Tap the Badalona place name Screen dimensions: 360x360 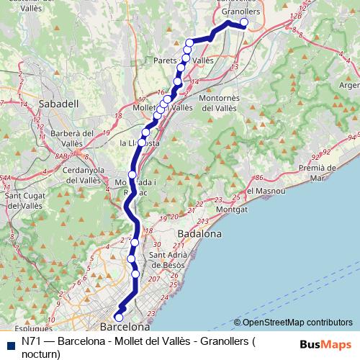coord(199,235)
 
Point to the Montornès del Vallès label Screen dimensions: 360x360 coord(228,103)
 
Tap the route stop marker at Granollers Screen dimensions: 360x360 coord(244,23)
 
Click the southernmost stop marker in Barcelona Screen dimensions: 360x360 coord(119,318)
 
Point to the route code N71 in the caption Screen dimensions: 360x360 coord(31,341)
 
